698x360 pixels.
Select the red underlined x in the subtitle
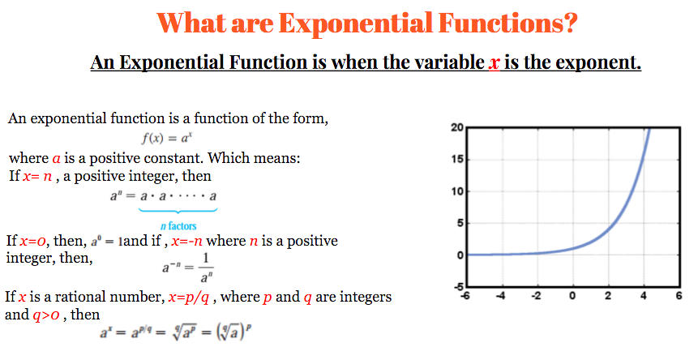[x=495, y=62]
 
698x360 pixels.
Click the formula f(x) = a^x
[x=166, y=138]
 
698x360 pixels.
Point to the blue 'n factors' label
[x=178, y=226]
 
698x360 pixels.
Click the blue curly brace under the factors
[x=178, y=210]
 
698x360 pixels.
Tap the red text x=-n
[x=187, y=241]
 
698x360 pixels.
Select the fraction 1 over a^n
[x=206, y=268]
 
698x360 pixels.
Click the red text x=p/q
[x=189, y=298]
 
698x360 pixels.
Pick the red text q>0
[x=46, y=315]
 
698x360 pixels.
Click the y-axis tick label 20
[x=457, y=128]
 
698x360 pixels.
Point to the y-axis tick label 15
[x=457, y=159]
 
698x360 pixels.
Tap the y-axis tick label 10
[x=457, y=191]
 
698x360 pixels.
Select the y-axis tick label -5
[x=459, y=286]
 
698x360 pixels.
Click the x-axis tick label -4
[x=501, y=295]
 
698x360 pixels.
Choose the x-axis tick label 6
[x=679, y=295]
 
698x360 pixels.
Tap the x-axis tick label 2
[x=608, y=295]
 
